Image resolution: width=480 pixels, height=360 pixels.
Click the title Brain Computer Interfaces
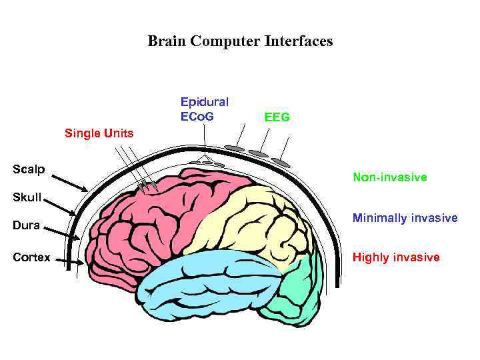pos(240,41)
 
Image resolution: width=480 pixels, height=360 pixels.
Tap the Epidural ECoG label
pos(204,109)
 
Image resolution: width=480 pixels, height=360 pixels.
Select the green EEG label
pos(277,117)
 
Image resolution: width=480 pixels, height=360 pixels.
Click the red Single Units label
pos(99,133)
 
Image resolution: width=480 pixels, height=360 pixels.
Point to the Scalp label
pos(29,169)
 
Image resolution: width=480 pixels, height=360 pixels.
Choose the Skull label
pos(27,197)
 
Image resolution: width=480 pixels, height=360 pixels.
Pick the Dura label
pos(27,225)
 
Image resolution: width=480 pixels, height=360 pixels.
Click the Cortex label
pos(31,257)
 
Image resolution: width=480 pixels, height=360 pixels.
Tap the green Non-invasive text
pos(389,178)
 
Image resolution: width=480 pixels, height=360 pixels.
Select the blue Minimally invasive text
pos(405,218)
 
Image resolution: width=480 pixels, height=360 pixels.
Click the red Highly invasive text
pos(396,257)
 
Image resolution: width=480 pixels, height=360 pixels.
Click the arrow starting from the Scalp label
pos(69,181)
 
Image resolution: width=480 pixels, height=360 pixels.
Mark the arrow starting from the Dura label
pos(64,233)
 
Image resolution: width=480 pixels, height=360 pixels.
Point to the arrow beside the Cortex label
pos(69,261)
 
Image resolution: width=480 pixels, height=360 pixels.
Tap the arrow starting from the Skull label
pos(60,206)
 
